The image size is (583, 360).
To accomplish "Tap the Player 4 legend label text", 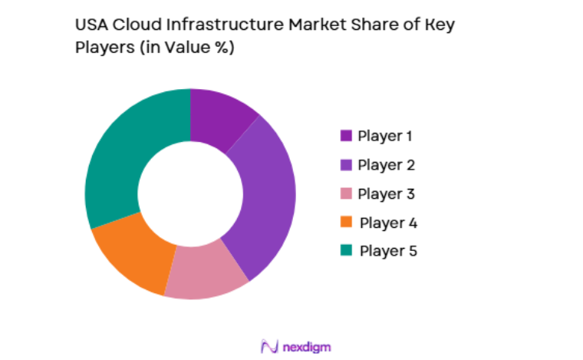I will [388, 223].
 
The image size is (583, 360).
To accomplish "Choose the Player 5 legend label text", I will [388, 251].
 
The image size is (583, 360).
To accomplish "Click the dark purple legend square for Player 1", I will [346, 136].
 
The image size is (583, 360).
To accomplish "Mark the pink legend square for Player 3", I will [346, 193].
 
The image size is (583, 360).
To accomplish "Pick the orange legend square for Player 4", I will [346, 222].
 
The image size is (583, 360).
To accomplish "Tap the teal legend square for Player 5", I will [346, 250].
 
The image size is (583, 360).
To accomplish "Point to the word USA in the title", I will [90, 25].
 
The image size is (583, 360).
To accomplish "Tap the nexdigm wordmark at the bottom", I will [306, 347].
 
